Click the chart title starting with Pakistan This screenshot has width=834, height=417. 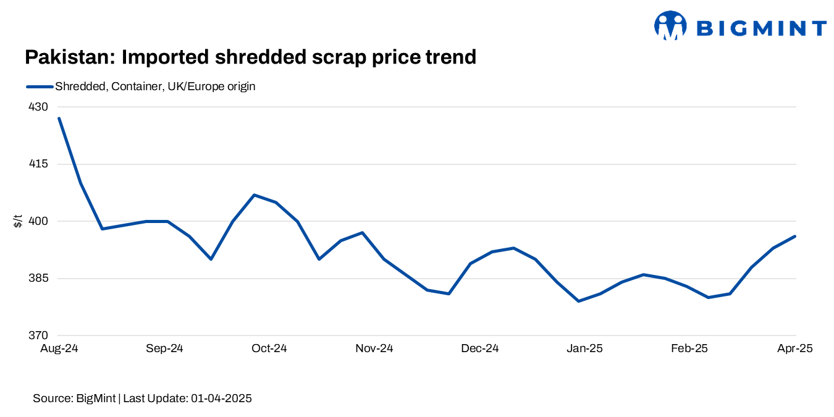coord(250,57)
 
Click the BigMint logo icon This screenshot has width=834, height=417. coord(670,26)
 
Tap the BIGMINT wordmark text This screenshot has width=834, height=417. coord(761,28)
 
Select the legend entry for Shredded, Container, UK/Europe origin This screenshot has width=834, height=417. coord(154,86)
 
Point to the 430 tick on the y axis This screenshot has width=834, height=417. coord(38,107)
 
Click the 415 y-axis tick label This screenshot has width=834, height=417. coord(38,164)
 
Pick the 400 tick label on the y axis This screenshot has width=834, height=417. coord(38,221)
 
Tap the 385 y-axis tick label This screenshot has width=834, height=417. coord(38,279)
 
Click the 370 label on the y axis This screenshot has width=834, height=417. coord(38,335)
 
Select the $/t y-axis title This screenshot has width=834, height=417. coord(18,221)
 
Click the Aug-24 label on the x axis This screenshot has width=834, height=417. coord(59,349)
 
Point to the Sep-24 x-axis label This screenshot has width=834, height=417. coord(164,349)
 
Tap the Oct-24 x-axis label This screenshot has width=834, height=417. coord(269,349)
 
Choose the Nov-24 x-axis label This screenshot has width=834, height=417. coord(374,349)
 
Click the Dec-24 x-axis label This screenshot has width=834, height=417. coord(480,349)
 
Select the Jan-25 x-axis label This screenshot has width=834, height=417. coord(585,349)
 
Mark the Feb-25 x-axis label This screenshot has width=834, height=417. coord(690,349)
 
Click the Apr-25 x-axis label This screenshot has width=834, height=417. coord(794,349)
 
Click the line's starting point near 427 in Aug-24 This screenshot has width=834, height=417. coord(59,118)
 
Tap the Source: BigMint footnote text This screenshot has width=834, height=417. coord(142,398)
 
